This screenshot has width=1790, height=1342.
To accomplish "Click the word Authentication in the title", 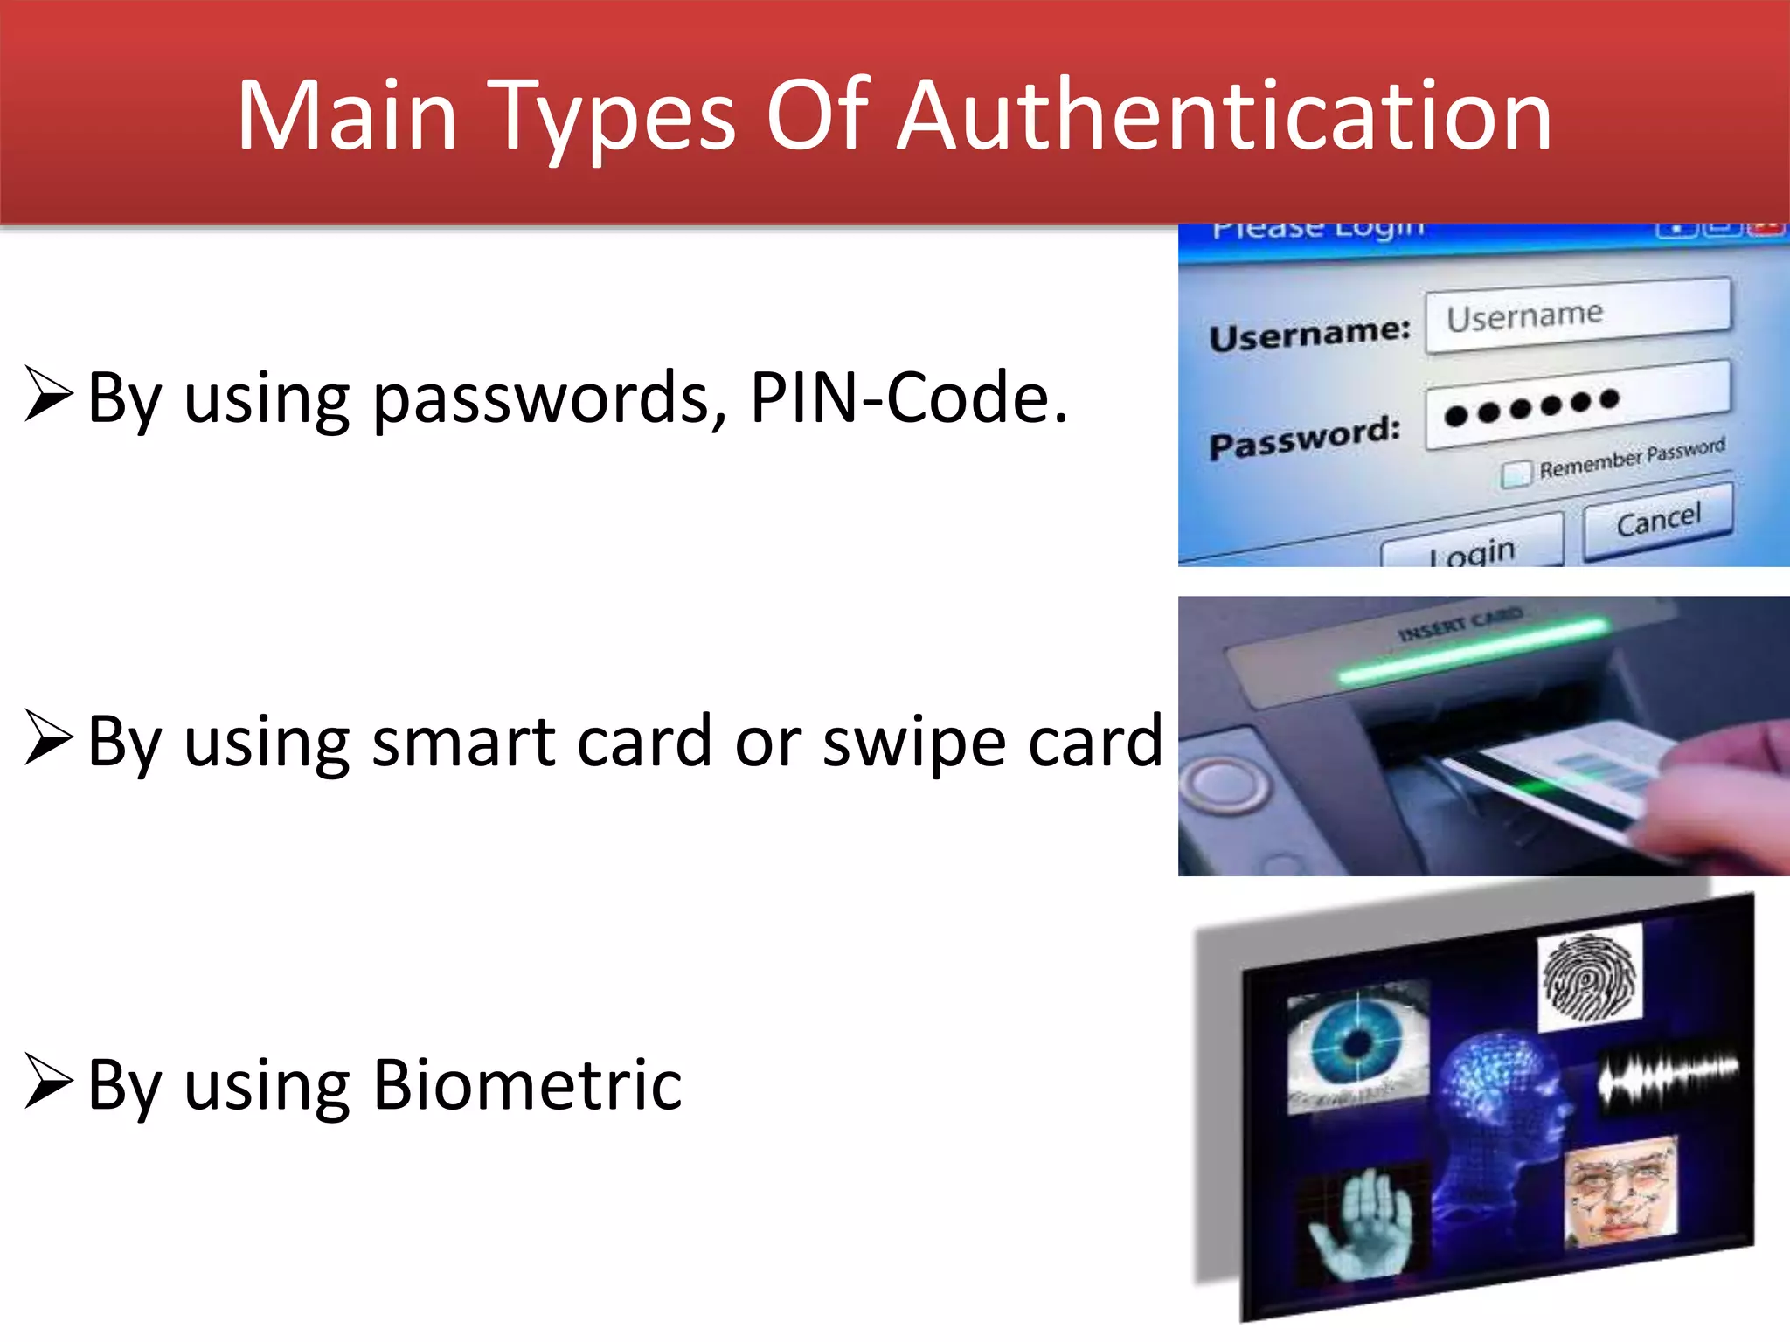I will point(1224,115).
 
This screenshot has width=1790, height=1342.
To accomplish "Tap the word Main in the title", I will point(347,115).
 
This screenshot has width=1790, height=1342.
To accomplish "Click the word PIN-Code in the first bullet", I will point(909,398).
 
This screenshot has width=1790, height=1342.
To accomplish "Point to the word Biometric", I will point(527,1085).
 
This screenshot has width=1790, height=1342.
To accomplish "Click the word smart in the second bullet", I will point(463,742).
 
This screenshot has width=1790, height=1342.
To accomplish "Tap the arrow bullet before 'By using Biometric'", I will point(48,1081).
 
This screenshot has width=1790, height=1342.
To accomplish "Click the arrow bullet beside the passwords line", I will point(48,394).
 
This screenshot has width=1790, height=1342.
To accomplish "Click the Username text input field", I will point(1578,315).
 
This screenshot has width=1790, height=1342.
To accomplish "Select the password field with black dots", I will point(1578,405).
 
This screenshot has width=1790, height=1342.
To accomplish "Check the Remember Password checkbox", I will point(1516,473).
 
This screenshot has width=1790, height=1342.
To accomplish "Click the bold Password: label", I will point(1304,437).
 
